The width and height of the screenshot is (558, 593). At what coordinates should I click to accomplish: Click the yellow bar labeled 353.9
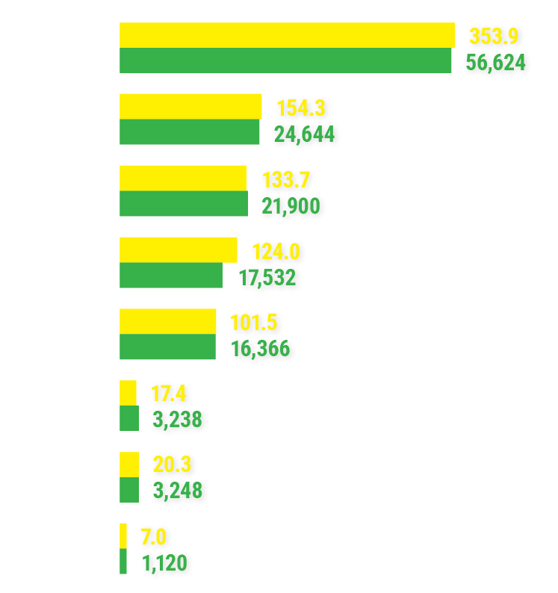tap(287, 35)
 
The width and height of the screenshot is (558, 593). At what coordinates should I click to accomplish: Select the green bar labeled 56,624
tap(285, 60)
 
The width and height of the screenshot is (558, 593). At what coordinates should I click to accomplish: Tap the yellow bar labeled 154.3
tap(190, 106)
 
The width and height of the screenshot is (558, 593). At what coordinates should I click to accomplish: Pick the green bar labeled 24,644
tap(190, 132)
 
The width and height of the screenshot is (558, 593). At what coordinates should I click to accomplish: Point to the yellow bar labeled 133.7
tap(182, 178)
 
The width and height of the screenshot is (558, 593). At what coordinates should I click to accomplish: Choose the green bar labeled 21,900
tap(183, 204)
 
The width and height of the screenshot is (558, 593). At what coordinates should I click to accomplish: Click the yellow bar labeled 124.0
tap(178, 249)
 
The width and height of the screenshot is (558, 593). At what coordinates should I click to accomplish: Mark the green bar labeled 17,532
tap(170, 276)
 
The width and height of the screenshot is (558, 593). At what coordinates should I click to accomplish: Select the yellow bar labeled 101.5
tap(167, 321)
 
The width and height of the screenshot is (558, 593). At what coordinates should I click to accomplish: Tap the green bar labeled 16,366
tap(167, 347)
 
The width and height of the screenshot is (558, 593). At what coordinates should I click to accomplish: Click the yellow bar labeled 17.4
tap(128, 393)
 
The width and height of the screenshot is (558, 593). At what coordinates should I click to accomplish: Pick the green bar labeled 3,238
tap(128, 419)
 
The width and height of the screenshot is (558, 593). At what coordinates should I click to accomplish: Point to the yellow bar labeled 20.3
tap(128, 465)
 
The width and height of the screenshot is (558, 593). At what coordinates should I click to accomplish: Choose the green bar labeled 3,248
tap(128, 490)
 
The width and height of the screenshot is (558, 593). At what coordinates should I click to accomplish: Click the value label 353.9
tap(494, 36)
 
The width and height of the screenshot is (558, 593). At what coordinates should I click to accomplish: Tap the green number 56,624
tap(496, 62)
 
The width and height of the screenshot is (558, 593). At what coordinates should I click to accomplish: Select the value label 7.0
tap(155, 536)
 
